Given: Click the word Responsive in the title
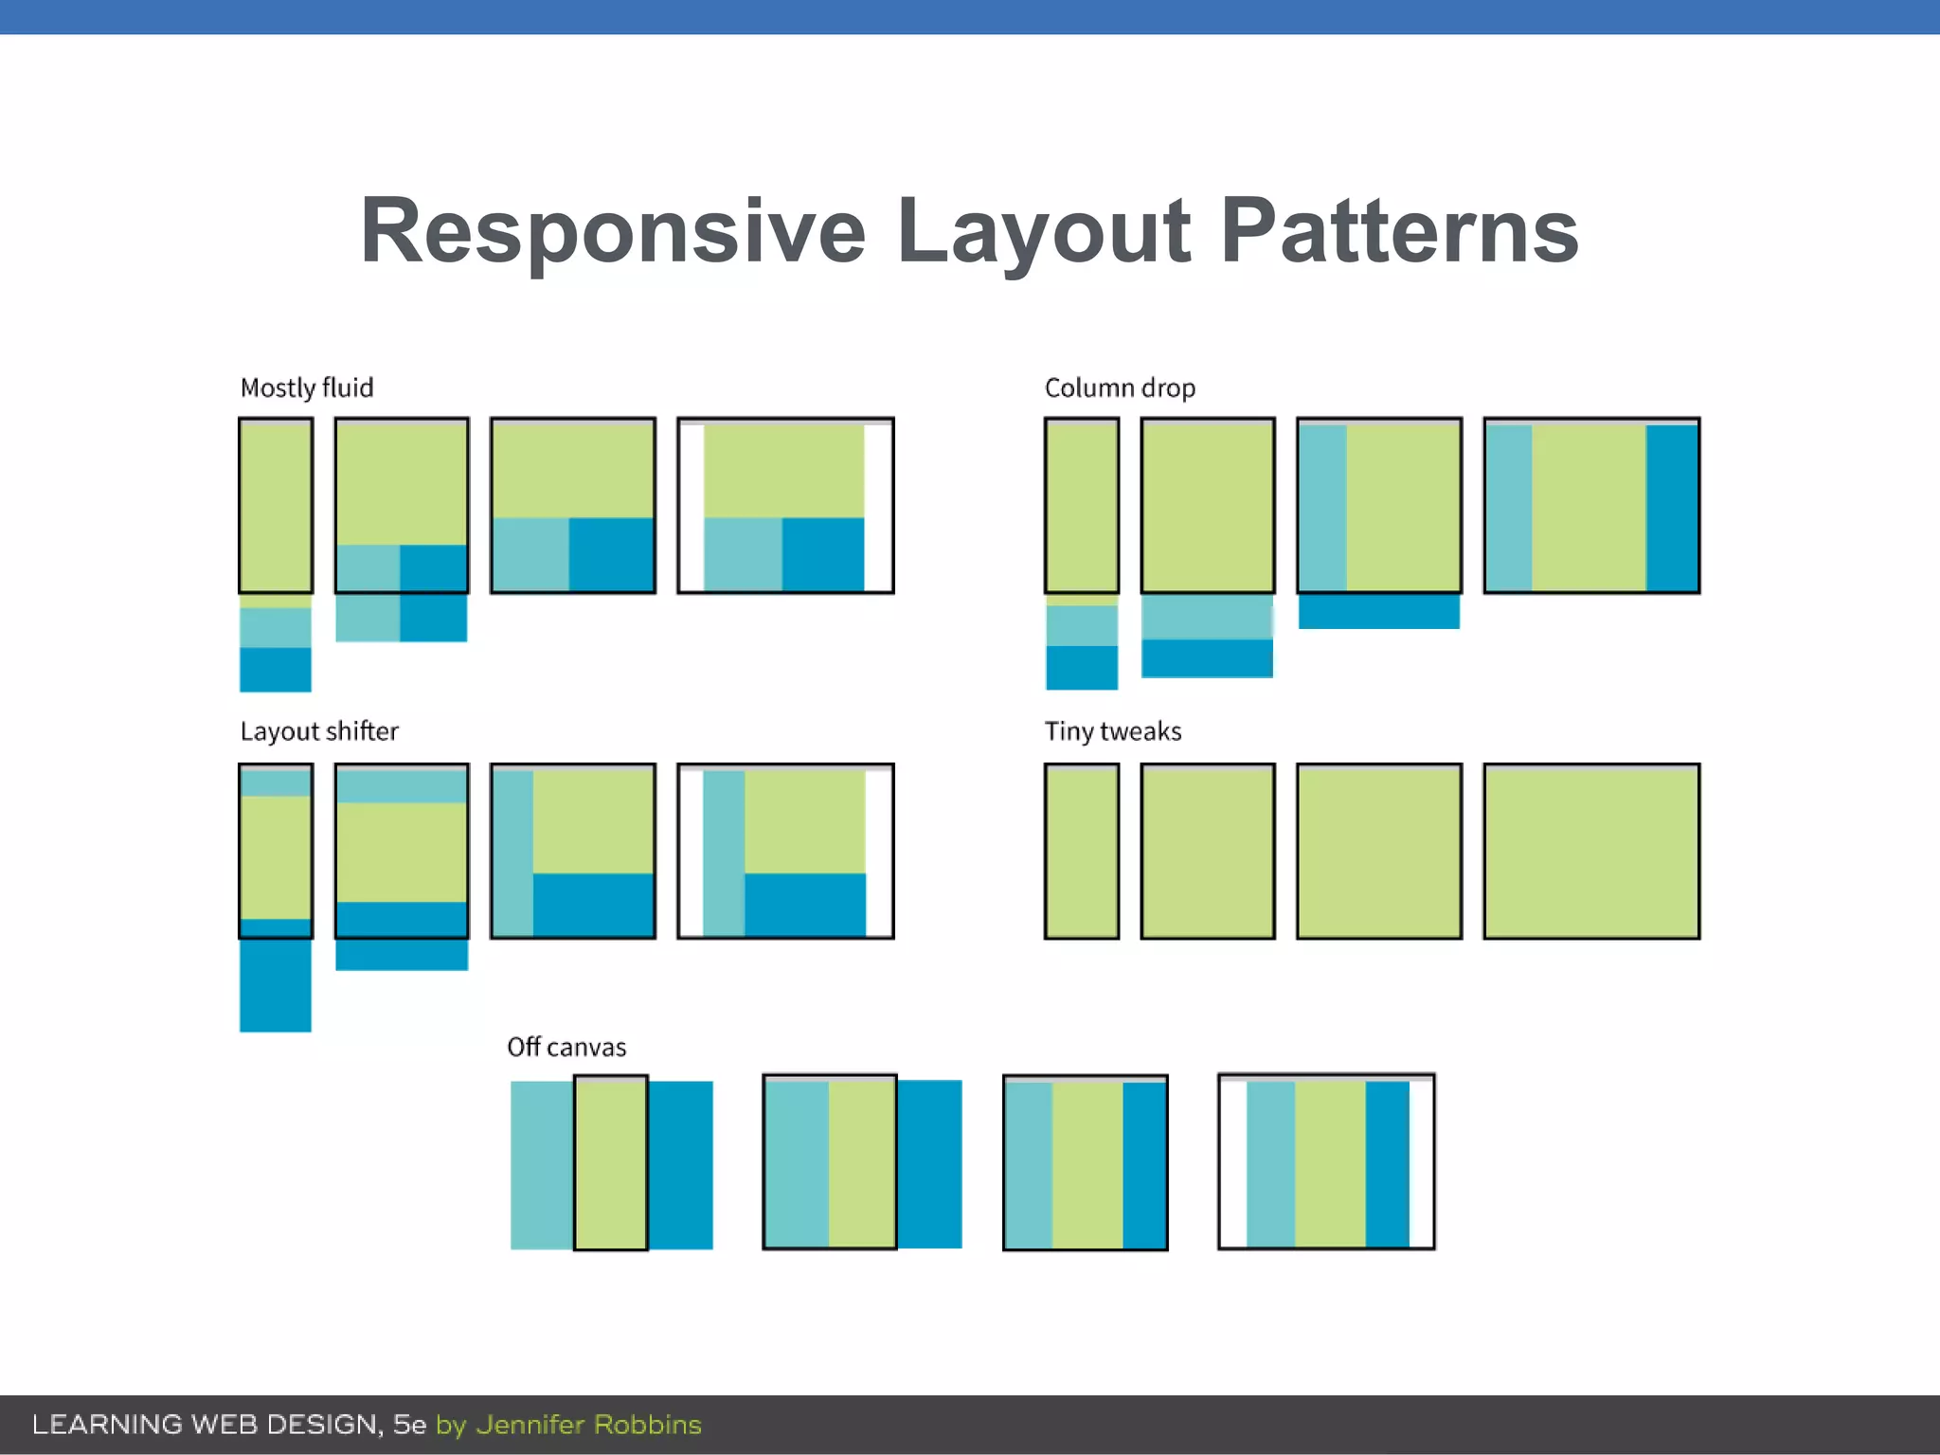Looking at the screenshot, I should pyautogui.click(x=613, y=232).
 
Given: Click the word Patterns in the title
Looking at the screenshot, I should pyautogui.click(x=1399, y=232).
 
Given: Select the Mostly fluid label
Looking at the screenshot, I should pyautogui.click(x=307, y=388).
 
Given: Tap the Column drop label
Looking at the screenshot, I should pyautogui.click(x=1120, y=388).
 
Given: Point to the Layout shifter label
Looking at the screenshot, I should pyautogui.click(x=319, y=731).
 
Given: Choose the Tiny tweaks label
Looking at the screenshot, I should pyautogui.click(x=1113, y=731).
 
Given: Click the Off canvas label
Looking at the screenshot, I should pyautogui.click(x=566, y=1047).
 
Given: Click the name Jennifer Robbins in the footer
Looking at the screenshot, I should pyautogui.click(x=588, y=1425).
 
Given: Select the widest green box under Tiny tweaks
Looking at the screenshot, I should pyautogui.click(x=1591, y=852).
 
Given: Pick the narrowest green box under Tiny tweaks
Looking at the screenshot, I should pyautogui.click(x=1081, y=852).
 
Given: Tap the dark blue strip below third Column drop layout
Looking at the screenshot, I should pyautogui.click(x=1378, y=612).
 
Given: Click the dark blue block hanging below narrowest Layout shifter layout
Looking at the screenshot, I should pyautogui.click(x=275, y=985).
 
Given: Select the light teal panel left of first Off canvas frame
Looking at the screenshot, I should pyautogui.click(x=541, y=1165).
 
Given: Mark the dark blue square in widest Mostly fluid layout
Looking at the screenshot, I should pyautogui.click(x=822, y=553).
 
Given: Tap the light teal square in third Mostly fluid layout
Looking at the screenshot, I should pyautogui.click(x=530, y=553).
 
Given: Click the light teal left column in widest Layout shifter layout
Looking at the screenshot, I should pyautogui.click(x=723, y=852).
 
